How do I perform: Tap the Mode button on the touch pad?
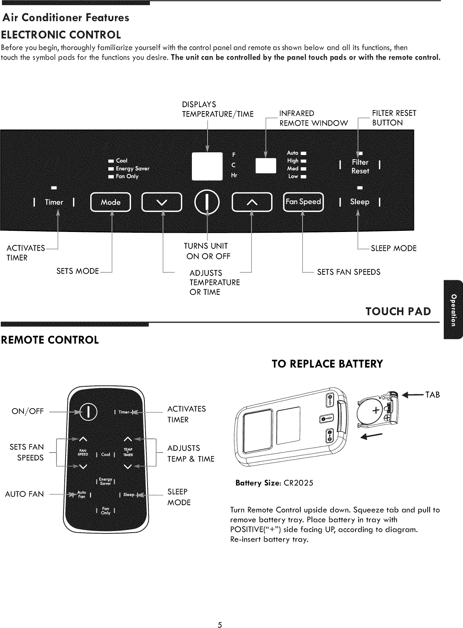[x=111, y=202]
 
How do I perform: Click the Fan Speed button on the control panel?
[x=303, y=202]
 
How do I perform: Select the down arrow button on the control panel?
[x=162, y=202]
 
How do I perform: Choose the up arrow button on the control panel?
[x=252, y=202]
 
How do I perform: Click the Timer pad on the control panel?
[x=54, y=202]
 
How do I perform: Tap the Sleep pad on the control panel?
[x=359, y=202]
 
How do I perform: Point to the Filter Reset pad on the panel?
[x=360, y=166]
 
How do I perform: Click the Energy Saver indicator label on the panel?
[x=132, y=168]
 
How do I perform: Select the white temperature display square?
[x=207, y=166]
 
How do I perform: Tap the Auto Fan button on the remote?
[x=82, y=495]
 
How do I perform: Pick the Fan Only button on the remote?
[x=106, y=511]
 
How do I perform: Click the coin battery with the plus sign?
[x=371, y=412]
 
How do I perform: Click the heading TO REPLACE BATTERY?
[x=327, y=364]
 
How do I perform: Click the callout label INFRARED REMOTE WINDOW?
[x=313, y=118]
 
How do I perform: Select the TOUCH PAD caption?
[x=397, y=312]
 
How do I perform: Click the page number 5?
[x=221, y=614]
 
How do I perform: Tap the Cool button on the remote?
[x=106, y=455]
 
